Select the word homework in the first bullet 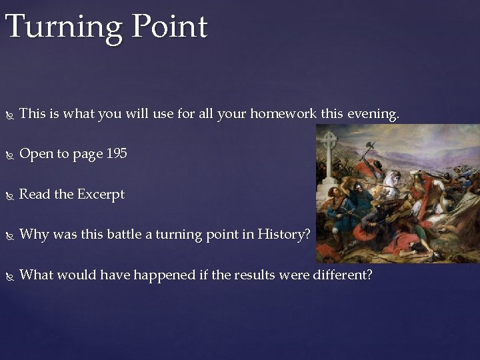click(283, 114)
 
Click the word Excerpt click(101, 194)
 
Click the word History click(286, 234)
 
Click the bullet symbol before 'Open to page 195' click(9, 155)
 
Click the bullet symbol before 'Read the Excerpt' click(9, 195)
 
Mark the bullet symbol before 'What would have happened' click(9, 275)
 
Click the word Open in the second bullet click(34, 154)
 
